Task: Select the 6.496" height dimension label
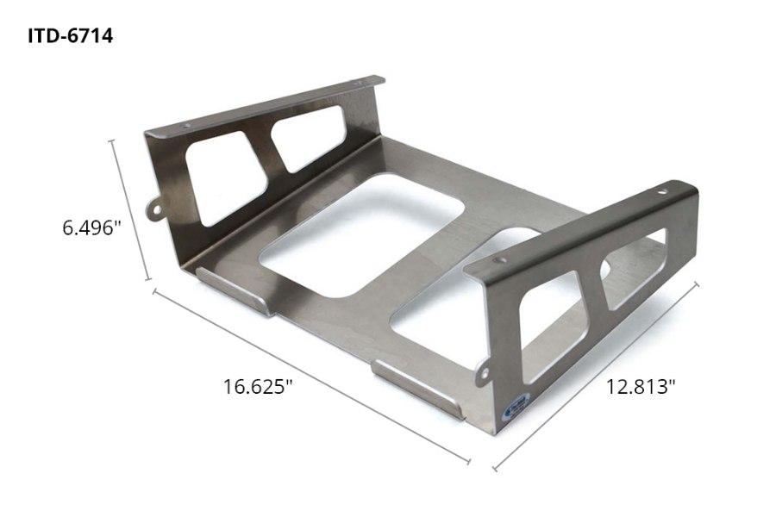click(x=91, y=228)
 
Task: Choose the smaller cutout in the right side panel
click(x=634, y=267)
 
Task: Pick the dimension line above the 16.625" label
click(x=310, y=377)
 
